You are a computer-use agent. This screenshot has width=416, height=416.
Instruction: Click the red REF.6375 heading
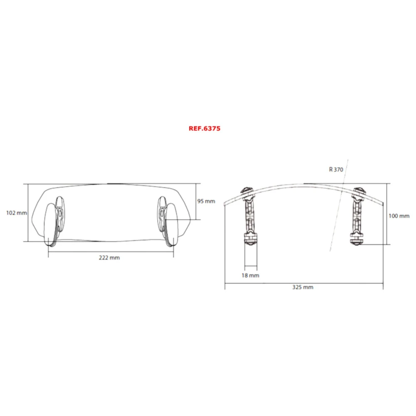[x=204, y=129]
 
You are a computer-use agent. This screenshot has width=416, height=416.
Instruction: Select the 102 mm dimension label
[x=17, y=213]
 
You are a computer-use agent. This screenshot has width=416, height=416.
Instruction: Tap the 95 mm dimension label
[x=206, y=201]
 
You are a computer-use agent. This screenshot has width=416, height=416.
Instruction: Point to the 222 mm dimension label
[x=109, y=258]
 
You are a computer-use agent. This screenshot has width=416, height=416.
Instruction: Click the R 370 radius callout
[x=336, y=169]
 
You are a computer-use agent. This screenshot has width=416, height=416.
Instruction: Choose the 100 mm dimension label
[x=399, y=216]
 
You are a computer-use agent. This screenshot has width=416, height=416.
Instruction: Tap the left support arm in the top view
[x=250, y=212]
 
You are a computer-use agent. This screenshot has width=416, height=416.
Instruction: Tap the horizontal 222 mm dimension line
[x=83, y=252]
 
